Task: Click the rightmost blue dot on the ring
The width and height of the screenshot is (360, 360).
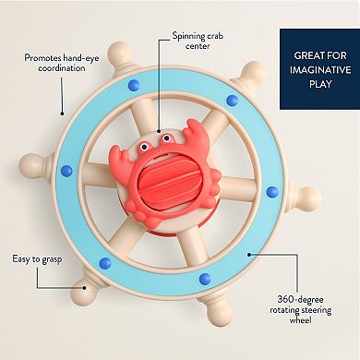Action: (x=272, y=192)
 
